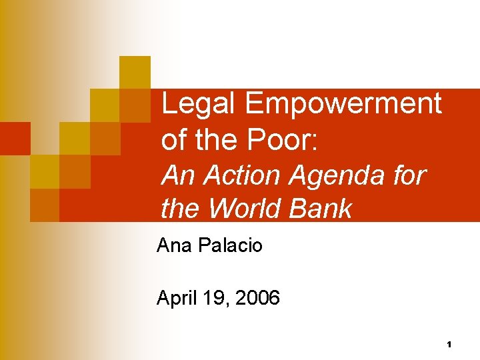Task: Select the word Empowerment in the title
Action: (343, 103)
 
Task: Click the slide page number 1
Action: (449, 345)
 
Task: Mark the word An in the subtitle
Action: (177, 175)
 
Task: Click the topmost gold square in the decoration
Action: (135, 72)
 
